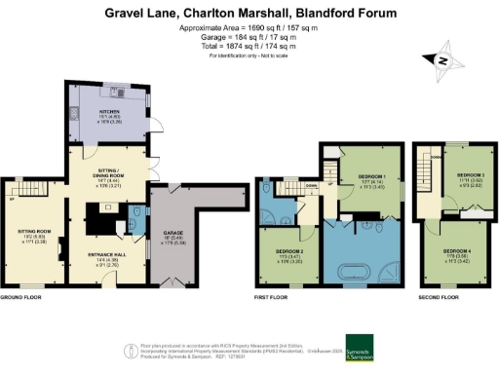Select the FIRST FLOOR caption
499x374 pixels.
click(x=271, y=297)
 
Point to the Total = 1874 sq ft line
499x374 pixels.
click(x=249, y=46)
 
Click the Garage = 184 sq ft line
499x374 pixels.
click(x=249, y=38)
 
